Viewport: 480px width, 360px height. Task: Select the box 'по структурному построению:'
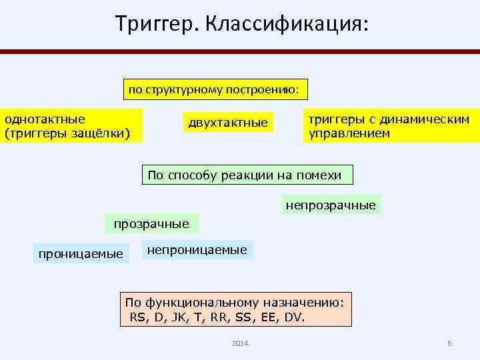(217, 88)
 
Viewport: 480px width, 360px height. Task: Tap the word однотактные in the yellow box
(45, 119)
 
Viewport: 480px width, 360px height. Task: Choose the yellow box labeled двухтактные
(227, 122)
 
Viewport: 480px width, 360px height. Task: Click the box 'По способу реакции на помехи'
(245, 175)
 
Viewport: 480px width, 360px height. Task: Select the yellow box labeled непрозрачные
(331, 205)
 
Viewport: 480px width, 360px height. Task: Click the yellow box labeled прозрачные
(151, 223)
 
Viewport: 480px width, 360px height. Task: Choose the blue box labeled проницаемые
(81, 253)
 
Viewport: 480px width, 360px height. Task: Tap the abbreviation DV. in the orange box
(294, 316)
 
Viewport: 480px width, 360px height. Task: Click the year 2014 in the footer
(240, 343)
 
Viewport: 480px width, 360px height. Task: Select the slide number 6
(449, 343)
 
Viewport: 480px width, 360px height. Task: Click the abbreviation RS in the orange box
(137, 316)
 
